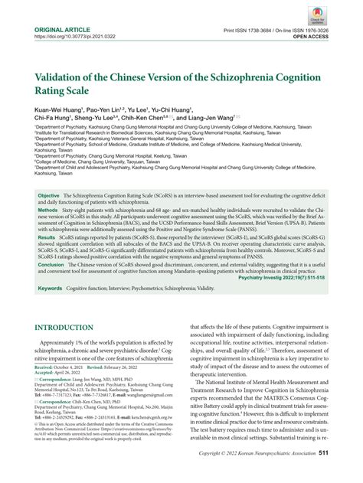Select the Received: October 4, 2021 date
click(x=60, y=368)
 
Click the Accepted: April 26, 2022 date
click(x=55, y=374)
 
